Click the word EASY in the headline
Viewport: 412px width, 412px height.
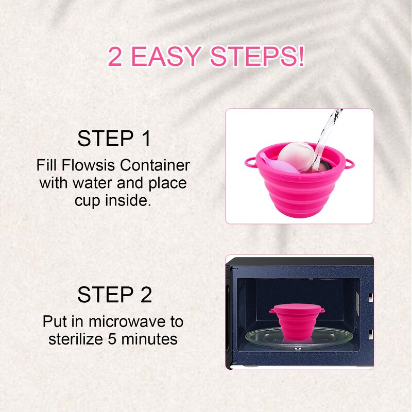(x=169, y=57)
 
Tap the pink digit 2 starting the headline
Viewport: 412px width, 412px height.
(x=115, y=57)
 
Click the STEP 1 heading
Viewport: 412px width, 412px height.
(x=114, y=139)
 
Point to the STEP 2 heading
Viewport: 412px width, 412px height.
(x=114, y=295)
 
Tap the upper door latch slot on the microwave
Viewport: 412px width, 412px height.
(x=370, y=297)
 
